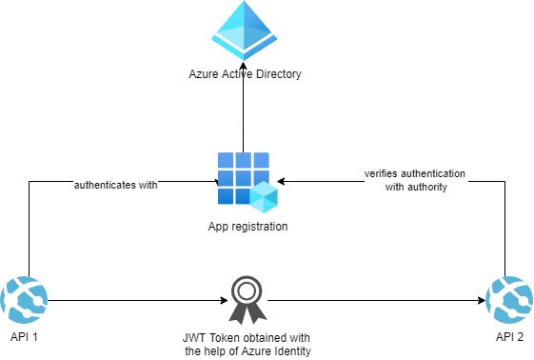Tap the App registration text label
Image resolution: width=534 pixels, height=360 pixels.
247,226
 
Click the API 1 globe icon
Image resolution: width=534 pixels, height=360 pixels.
24,299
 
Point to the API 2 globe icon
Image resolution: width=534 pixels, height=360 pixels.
509,299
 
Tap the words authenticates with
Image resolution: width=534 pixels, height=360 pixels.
116,185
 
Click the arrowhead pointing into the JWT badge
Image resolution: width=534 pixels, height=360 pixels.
225,299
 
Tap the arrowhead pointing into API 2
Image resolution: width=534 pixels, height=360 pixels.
480,299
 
